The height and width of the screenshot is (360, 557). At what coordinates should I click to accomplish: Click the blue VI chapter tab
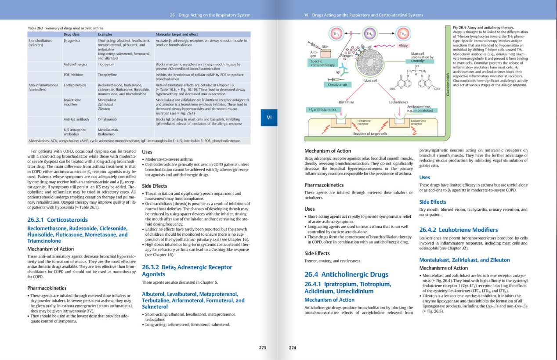[269, 117]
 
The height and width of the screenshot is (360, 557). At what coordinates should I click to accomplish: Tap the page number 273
[262, 348]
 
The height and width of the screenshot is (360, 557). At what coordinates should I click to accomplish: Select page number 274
[293, 348]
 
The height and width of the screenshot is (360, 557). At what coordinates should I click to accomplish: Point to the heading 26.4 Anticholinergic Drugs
[347, 274]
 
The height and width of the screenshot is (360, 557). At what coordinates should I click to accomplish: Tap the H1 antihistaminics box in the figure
[322, 109]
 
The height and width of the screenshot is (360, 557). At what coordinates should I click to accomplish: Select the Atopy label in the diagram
[402, 46]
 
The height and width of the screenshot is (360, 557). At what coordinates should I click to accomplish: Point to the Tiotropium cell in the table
[107, 64]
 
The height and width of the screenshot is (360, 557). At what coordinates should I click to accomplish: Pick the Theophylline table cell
[108, 75]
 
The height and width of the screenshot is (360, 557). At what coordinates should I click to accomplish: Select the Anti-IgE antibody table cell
[76, 119]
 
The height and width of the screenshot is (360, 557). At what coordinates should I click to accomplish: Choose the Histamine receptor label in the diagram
[363, 122]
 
